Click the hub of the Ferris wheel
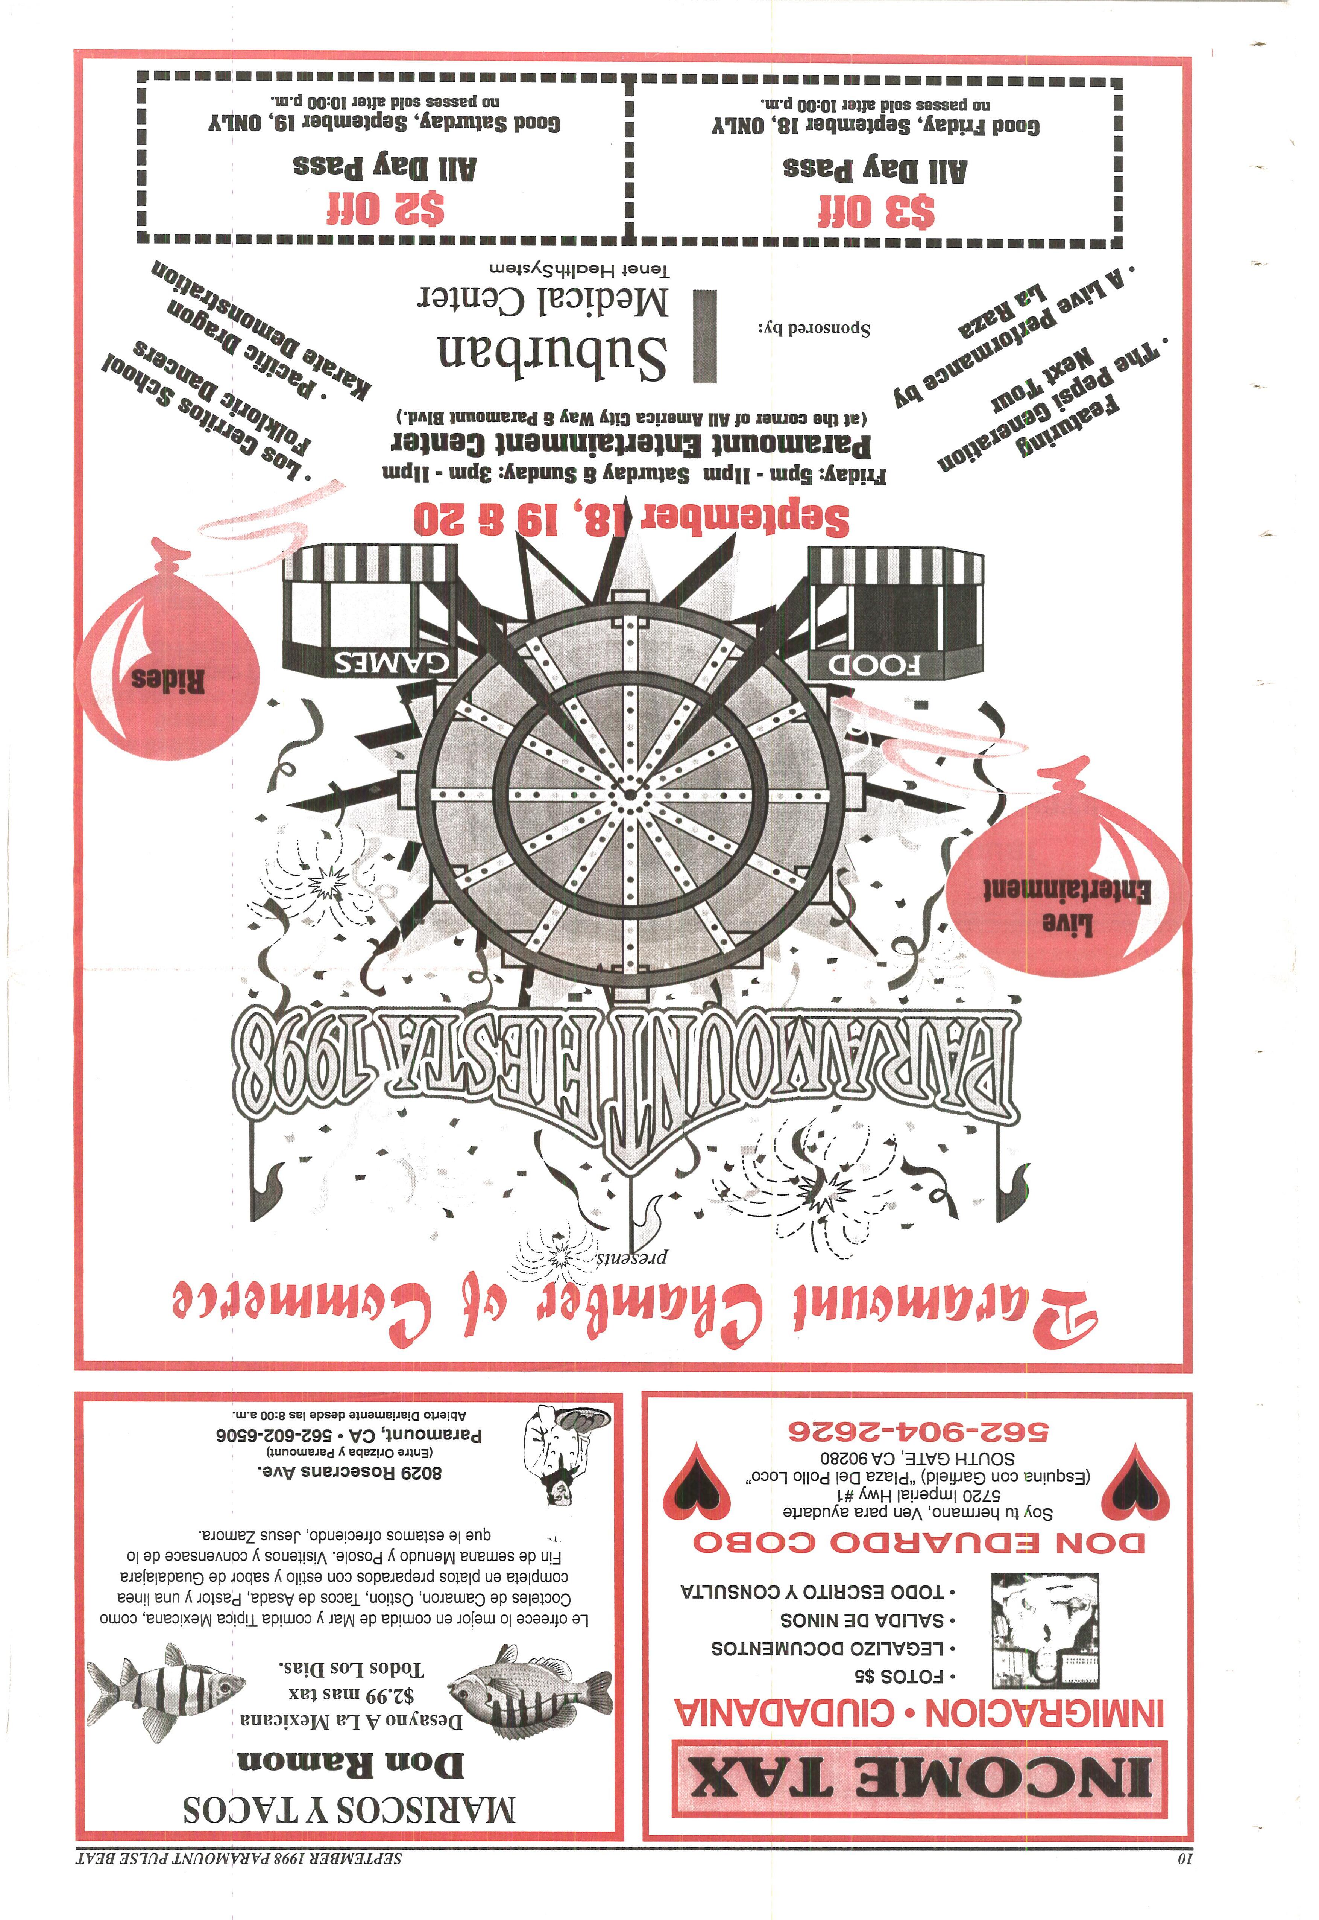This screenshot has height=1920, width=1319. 631,795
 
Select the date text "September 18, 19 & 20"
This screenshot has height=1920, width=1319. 631,519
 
